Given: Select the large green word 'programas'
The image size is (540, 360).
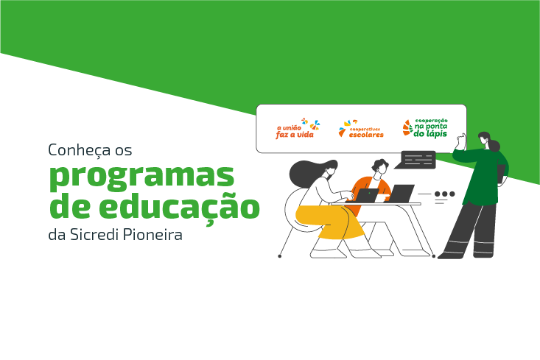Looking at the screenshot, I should click(x=141, y=177).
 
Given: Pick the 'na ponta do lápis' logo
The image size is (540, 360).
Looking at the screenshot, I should click(x=425, y=127).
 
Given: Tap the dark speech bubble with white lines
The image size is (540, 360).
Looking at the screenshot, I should click(x=418, y=159).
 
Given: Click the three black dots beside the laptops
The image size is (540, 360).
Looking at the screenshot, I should click(x=444, y=194).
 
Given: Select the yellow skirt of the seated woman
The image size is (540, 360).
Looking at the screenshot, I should click(x=328, y=222).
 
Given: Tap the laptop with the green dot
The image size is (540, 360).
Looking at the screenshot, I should click(x=367, y=196).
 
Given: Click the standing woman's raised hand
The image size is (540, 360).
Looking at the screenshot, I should click(x=462, y=138).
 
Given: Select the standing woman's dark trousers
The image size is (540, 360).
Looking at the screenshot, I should click(x=471, y=229).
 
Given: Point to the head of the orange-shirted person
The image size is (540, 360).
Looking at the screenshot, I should click(x=380, y=168).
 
